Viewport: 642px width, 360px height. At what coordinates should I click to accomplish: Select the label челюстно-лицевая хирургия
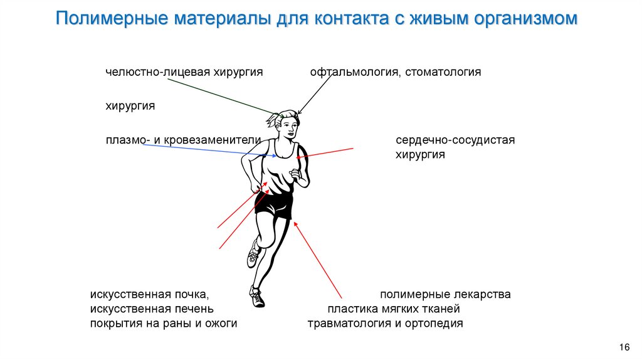point(184,72)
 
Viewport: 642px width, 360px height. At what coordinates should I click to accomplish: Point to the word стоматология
point(443,72)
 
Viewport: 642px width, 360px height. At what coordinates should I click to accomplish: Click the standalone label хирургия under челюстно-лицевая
point(130,106)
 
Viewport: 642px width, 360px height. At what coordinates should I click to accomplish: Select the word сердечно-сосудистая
point(455,140)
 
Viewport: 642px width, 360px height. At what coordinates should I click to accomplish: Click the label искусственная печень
point(152,309)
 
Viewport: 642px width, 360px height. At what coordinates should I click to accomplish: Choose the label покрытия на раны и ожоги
point(164,324)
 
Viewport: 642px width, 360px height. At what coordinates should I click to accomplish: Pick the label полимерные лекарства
point(445,294)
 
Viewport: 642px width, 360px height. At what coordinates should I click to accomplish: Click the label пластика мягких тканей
point(394,309)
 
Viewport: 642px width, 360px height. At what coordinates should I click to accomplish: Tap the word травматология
point(347,324)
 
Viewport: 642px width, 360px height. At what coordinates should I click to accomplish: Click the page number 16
point(624,347)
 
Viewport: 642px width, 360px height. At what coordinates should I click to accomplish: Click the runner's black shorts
point(275,205)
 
